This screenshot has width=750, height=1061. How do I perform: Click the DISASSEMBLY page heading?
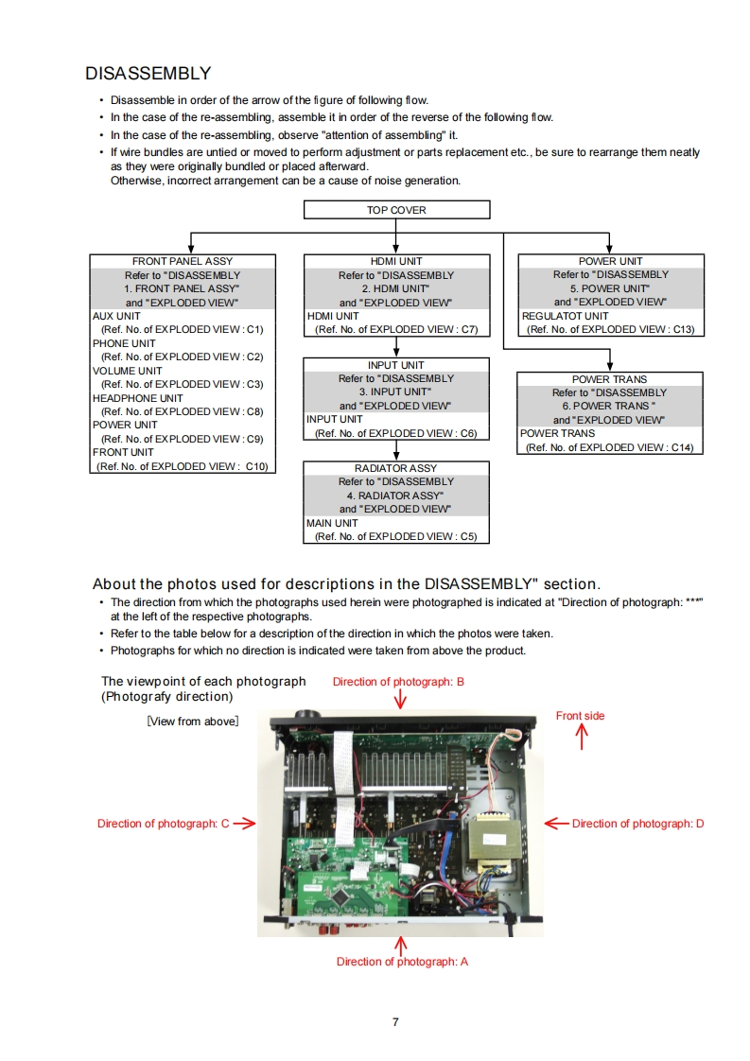[148, 74]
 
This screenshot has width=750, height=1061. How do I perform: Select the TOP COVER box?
[396, 210]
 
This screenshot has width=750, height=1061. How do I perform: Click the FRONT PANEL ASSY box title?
[183, 261]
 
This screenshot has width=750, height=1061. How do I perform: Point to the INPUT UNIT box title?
[396, 365]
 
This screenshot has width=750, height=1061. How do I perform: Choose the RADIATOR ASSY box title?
[396, 468]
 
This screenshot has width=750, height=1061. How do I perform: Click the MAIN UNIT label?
[332, 523]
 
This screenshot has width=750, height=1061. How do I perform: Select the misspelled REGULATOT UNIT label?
[565, 316]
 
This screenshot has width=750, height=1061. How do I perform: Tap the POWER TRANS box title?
[609, 379]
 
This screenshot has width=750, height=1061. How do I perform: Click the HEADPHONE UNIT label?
[138, 398]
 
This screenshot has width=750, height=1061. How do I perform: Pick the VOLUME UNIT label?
[128, 371]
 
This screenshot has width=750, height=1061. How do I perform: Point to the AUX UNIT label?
[116, 316]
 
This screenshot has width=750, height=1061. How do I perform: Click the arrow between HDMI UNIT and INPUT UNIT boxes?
[396, 347]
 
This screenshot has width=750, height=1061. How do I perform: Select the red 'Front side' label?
[580, 716]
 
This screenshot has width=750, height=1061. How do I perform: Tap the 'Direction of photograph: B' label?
[398, 682]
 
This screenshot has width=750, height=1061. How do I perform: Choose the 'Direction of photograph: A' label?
[402, 962]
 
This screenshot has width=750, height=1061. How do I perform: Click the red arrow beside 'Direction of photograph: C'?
[245, 824]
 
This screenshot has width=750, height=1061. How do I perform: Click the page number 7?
[395, 1021]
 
